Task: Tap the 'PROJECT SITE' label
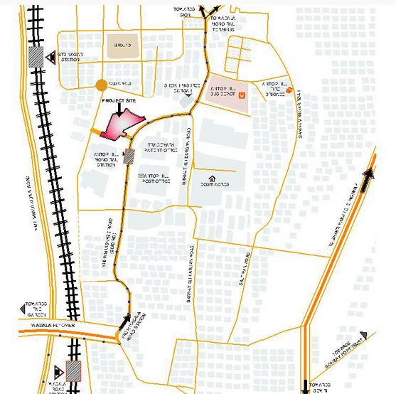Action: [116, 102]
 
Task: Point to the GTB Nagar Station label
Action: [65, 57]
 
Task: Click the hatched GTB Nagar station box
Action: [36, 55]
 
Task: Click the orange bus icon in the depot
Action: [242, 95]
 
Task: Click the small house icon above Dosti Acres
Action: [211, 178]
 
